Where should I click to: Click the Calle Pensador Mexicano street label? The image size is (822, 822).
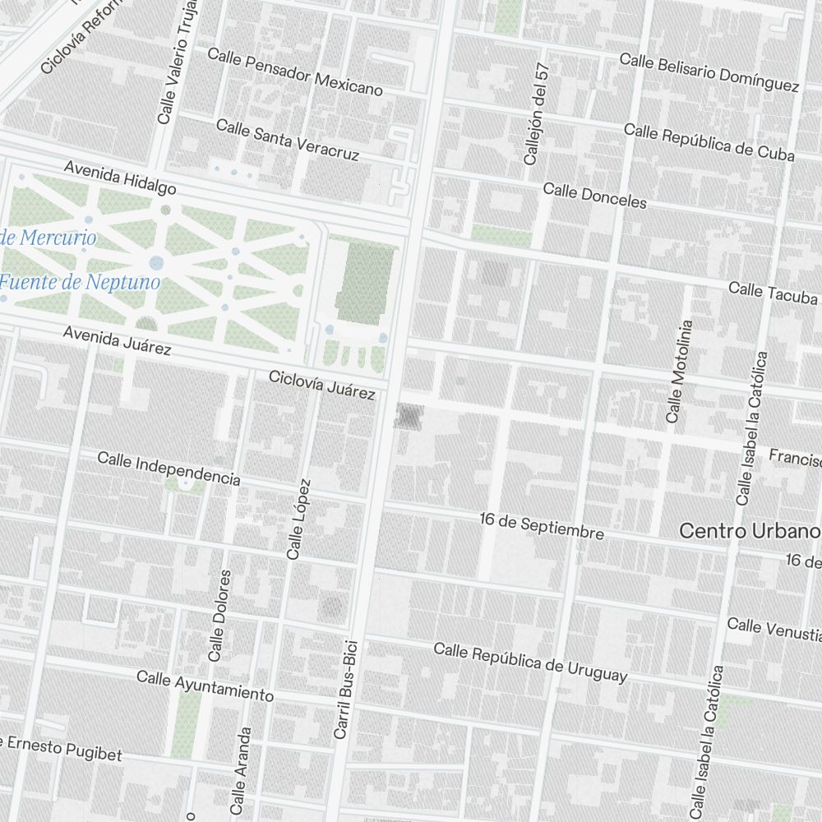(x=295, y=72)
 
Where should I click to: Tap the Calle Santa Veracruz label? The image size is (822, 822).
(x=288, y=139)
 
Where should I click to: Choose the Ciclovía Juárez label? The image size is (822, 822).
(x=322, y=385)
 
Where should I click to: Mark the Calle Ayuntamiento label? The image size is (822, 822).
(x=205, y=686)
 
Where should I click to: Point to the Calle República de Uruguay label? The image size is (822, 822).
(x=530, y=663)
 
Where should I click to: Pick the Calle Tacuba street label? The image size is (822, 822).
(x=773, y=293)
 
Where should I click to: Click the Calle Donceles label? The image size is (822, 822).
(x=594, y=196)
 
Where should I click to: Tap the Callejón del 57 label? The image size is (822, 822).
(x=535, y=114)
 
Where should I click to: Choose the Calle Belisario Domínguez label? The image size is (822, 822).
(x=709, y=72)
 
